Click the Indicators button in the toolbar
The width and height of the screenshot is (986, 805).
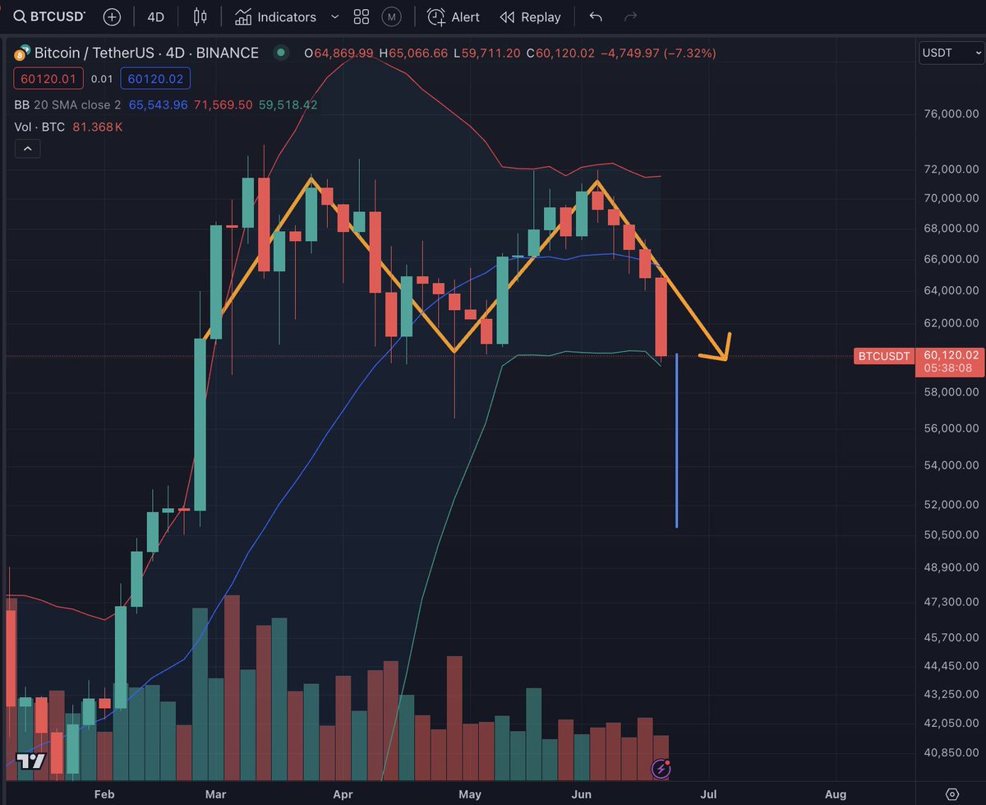[x=276, y=16]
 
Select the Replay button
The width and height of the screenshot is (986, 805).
[x=531, y=16]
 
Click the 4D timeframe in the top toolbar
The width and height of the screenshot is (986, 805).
[x=155, y=16]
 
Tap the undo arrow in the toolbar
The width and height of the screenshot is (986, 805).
[x=596, y=16]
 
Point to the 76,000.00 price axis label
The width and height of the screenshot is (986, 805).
[x=951, y=114]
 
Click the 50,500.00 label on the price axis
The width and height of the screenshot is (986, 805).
[x=951, y=534]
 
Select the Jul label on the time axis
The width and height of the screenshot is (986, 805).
[x=708, y=794]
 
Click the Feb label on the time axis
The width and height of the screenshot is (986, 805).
[x=104, y=794]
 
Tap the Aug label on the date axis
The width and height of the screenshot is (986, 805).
[x=836, y=794]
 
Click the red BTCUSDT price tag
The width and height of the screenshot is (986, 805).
[x=883, y=356]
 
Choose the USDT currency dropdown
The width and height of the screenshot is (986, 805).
[x=948, y=53]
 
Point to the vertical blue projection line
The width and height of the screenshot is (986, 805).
[x=676, y=444]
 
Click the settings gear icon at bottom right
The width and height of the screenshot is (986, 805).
[x=952, y=793]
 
